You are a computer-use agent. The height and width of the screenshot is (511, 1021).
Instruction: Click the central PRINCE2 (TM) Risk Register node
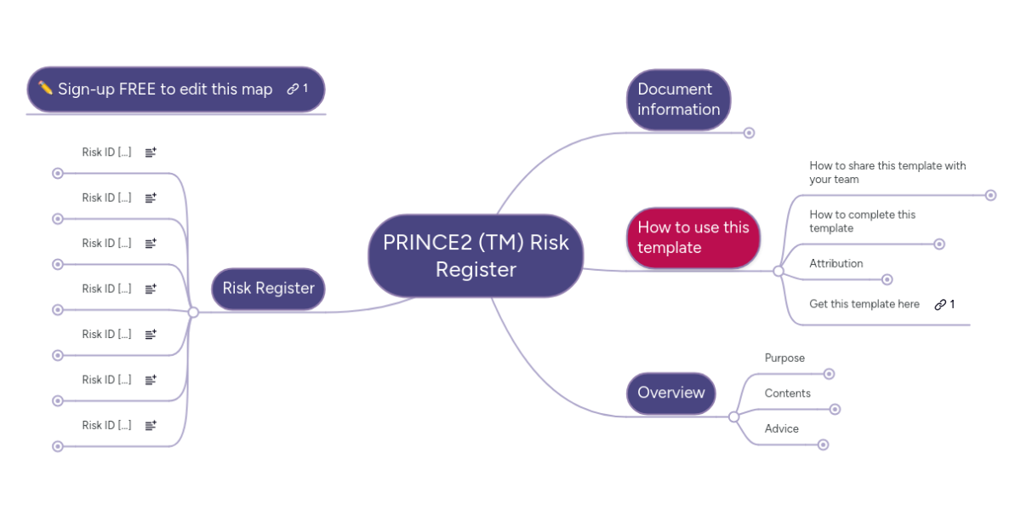[x=476, y=256]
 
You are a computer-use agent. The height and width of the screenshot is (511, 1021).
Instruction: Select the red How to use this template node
[x=693, y=238]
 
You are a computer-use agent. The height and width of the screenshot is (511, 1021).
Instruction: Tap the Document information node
[x=679, y=100]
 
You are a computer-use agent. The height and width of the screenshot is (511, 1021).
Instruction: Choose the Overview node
[x=671, y=393]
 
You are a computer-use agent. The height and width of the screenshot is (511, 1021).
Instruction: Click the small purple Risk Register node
[x=268, y=289]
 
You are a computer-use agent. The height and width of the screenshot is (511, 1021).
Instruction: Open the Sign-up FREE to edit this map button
[x=176, y=89]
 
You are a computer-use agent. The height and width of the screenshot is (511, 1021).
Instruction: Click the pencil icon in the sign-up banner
[x=45, y=87]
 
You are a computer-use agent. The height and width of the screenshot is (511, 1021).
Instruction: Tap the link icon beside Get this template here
[x=940, y=304]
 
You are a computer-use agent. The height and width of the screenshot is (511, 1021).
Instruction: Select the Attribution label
[x=836, y=264]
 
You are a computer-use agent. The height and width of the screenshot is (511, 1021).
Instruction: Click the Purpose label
[x=784, y=359]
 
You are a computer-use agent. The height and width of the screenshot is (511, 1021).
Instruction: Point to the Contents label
[x=788, y=393]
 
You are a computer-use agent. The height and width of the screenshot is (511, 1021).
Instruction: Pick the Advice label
[x=782, y=429]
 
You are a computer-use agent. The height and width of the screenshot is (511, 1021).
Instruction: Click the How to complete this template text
[x=863, y=221]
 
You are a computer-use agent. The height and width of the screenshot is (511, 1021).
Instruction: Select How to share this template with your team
[x=887, y=172]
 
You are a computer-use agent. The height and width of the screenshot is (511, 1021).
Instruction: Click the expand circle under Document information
[x=749, y=133]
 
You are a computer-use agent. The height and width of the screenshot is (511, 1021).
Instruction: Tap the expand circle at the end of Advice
[x=824, y=445]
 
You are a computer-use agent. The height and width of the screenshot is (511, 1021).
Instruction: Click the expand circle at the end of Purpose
[x=829, y=374]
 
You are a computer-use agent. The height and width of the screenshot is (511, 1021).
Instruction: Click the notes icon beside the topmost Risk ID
[x=151, y=152]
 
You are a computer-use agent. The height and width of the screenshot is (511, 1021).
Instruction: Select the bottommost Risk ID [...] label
[x=106, y=425]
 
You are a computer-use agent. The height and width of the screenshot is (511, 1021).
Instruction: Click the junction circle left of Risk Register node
[x=193, y=312]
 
